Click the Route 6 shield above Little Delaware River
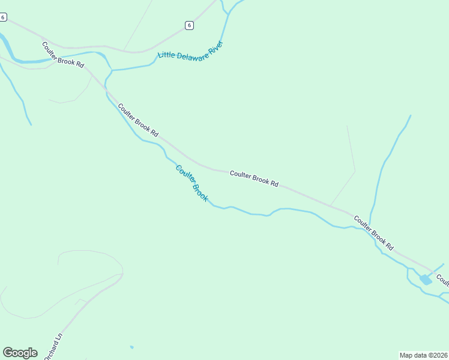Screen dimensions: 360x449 pos(189,25)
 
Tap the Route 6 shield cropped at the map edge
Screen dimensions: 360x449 pos(3,17)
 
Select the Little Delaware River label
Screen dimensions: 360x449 pos(190,50)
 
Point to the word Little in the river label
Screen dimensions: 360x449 pos(166,55)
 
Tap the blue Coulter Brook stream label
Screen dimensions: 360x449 pos(191,183)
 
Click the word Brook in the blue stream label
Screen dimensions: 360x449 pos(200,193)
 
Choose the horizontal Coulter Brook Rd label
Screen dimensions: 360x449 pos(254,178)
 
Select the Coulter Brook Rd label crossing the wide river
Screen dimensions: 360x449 pos(62,55)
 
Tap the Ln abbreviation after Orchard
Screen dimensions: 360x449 pos(59,338)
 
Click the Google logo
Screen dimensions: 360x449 pos(20,353)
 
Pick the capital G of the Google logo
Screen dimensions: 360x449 pos(8,353)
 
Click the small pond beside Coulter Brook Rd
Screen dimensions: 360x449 pos(426,280)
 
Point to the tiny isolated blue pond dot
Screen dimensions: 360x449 pos(131,347)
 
